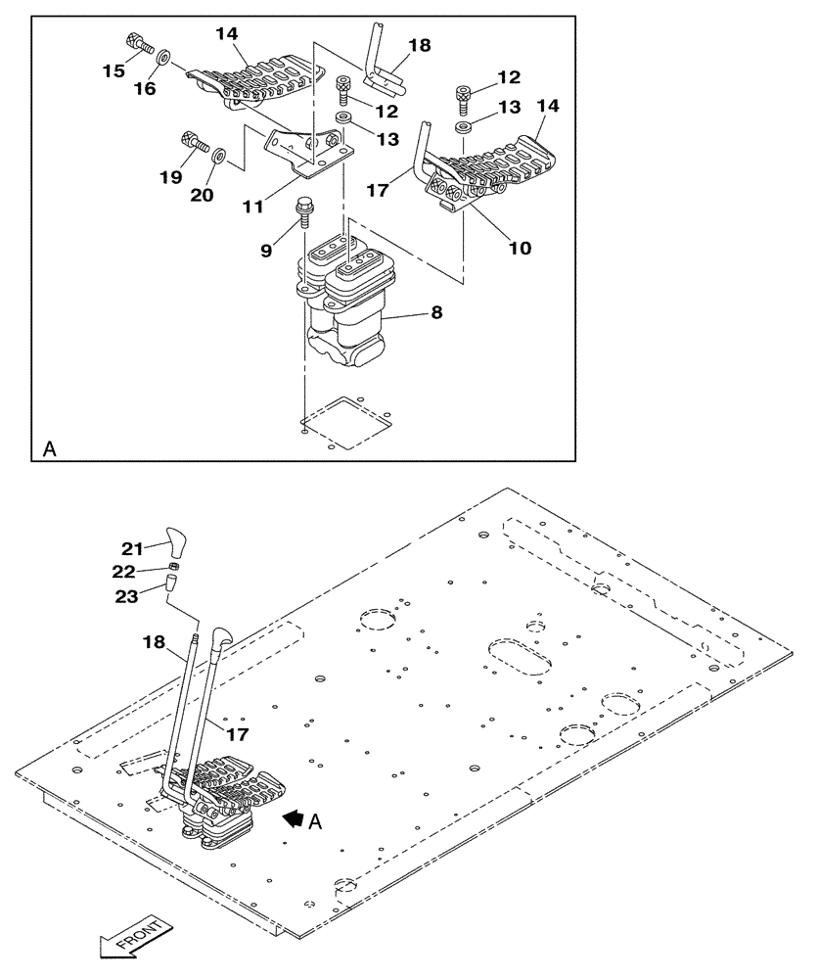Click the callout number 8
click(x=436, y=312)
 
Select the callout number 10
click(x=520, y=248)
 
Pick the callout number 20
click(x=203, y=194)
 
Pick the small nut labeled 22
click(x=171, y=568)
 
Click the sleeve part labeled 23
click(x=169, y=584)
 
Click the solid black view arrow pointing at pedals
click(x=293, y=818)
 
